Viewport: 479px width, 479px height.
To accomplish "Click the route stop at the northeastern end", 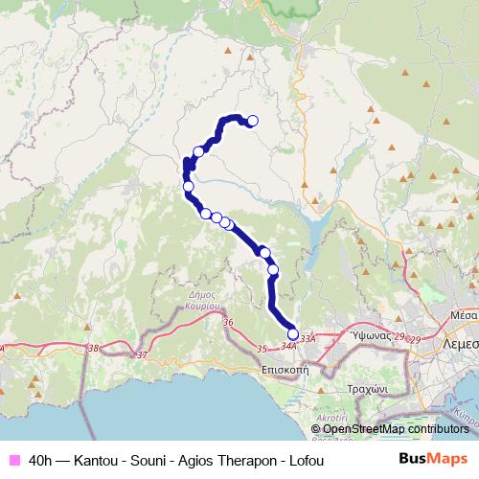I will [253, 121].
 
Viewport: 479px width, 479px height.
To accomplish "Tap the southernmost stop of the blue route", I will [293, 334].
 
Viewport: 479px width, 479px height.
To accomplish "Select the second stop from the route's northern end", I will [199, 150].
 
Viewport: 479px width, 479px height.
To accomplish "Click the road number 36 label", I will [227, 324].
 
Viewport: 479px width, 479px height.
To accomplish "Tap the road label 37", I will [143, 354].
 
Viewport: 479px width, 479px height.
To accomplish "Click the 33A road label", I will [307, 338].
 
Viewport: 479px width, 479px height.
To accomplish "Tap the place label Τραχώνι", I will [366, 391].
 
